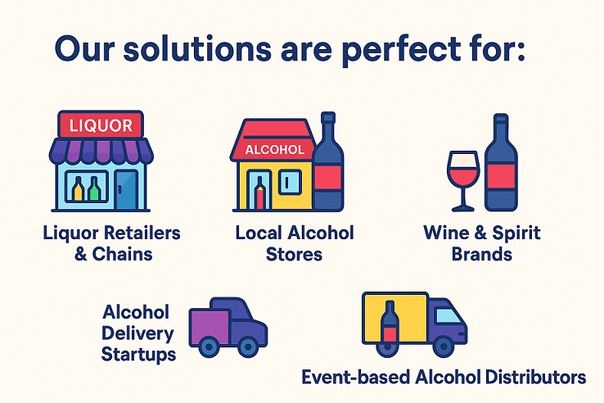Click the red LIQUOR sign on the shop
101,125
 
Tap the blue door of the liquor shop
126,191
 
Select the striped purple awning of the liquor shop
101,151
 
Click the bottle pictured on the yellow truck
390,323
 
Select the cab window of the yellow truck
447,315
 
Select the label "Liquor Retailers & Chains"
112,242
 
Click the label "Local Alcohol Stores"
295,242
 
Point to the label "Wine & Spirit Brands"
482,242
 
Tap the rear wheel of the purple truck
210,346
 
